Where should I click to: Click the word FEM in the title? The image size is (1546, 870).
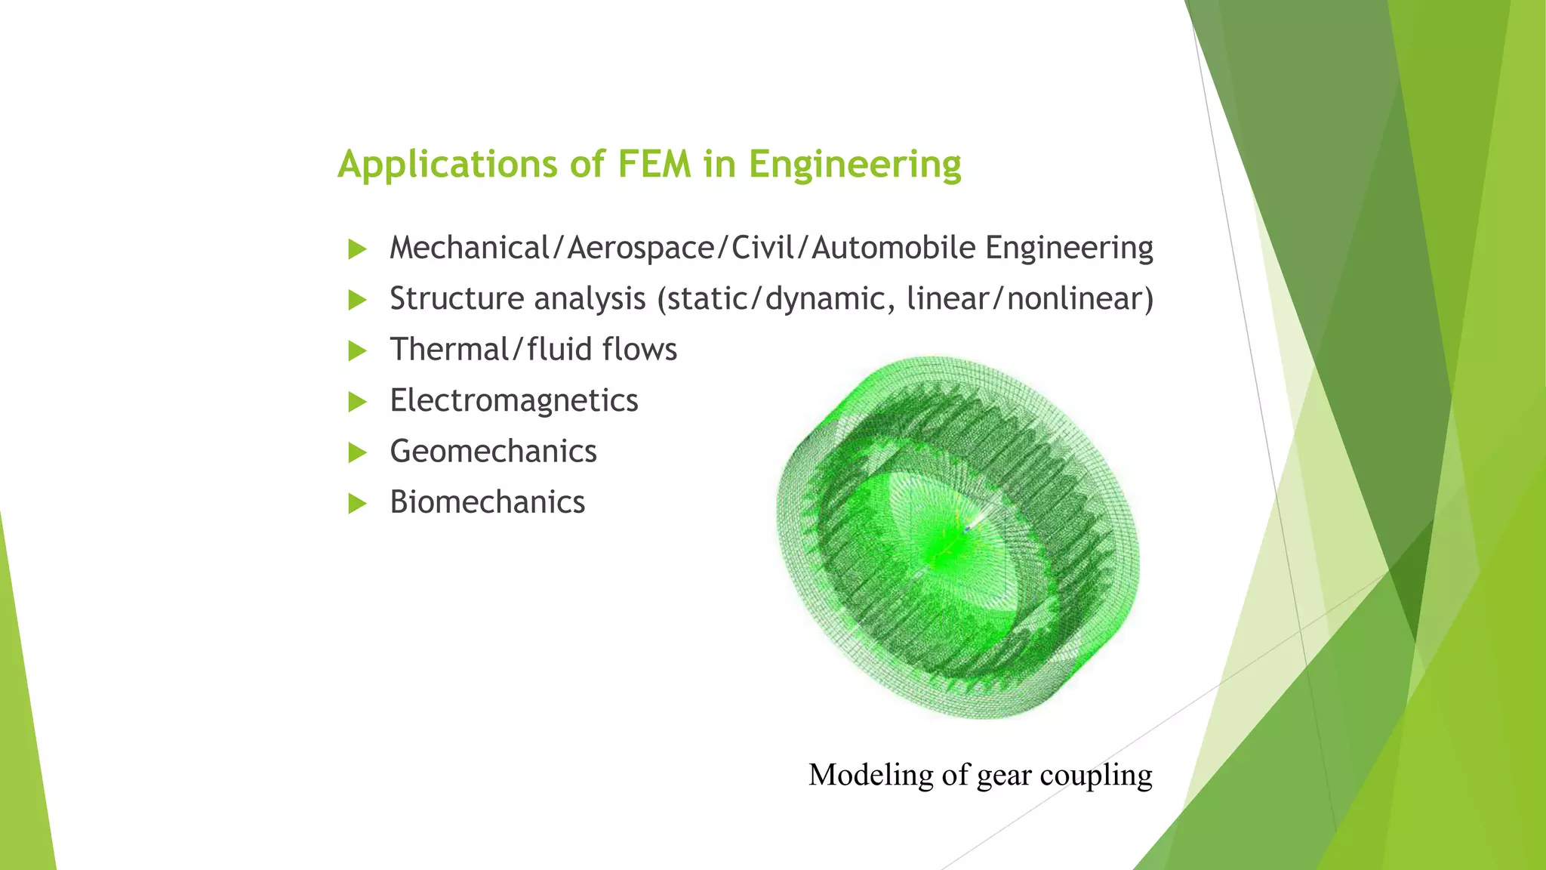[654, 165]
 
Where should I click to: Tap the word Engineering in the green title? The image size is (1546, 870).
[855, 165]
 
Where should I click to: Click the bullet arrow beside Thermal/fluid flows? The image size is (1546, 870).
[357, 350]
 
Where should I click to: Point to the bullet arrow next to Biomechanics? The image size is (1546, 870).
[357, 503]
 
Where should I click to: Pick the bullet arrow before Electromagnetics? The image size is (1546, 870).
[357, 402]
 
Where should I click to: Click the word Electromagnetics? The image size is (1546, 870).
[513, 401]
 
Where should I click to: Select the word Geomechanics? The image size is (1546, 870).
[493, 452]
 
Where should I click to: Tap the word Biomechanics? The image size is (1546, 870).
[487, 502]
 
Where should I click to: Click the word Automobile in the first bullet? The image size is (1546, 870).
[893, 248]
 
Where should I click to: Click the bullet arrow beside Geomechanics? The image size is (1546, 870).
[357, 452]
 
